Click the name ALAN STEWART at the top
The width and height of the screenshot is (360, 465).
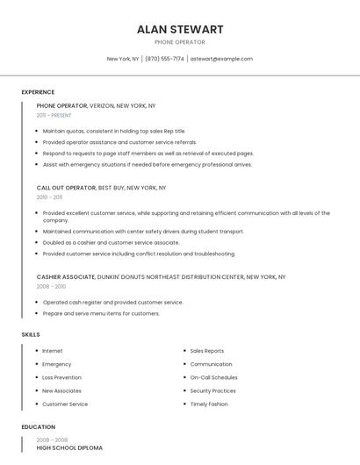point(180,29)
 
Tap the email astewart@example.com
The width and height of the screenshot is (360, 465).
point(221,59)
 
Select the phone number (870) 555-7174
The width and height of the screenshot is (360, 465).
point(164,59)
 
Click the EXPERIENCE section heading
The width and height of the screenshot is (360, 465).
point(38,92)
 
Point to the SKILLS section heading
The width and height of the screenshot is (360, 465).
point(31,334)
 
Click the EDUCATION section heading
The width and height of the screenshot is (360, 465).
point(38,427)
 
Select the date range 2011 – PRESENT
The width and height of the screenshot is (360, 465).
point(54,115)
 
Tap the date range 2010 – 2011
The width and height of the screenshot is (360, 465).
point(50,197)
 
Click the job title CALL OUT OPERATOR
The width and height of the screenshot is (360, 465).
point(66,188)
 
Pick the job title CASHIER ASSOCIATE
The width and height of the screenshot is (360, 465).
point(66,276)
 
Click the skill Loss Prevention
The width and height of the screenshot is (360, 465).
point(61,377)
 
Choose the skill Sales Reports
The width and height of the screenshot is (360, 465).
point(207,351)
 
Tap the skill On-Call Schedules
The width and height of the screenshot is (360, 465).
point(213,377)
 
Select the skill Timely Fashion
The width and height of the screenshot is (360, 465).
point(209,404)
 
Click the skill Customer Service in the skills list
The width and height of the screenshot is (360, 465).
point(65,404)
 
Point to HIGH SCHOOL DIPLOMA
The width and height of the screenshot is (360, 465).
point(69,448)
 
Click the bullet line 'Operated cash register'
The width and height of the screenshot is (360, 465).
point(112,303)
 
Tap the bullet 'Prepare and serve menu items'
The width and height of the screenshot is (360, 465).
point(101,313)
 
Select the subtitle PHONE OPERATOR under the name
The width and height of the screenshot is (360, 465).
point(180,42)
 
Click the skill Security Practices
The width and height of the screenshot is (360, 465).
point(212,390)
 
